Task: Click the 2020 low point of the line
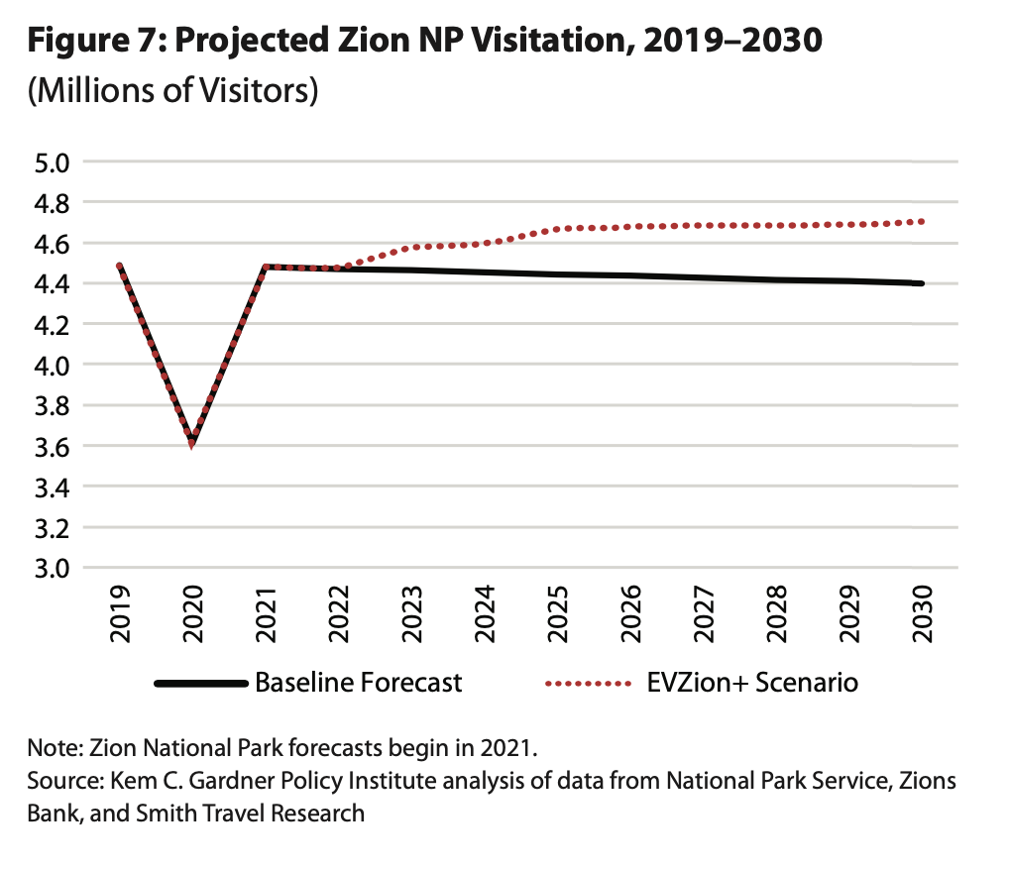click(x=192, y=442)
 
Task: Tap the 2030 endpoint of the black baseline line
click(x=921, y=283)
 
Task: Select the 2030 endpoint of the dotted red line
click(x=921, y=222)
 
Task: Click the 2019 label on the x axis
click(x=120, y=615)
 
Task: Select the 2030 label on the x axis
click(x=922, y=615)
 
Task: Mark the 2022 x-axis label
click(x=339, y=615)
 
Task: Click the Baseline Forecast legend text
click(x=358, y=683)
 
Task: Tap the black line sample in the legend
click(x=199, y=684)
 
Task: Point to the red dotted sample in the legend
click(x=587, y=684)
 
